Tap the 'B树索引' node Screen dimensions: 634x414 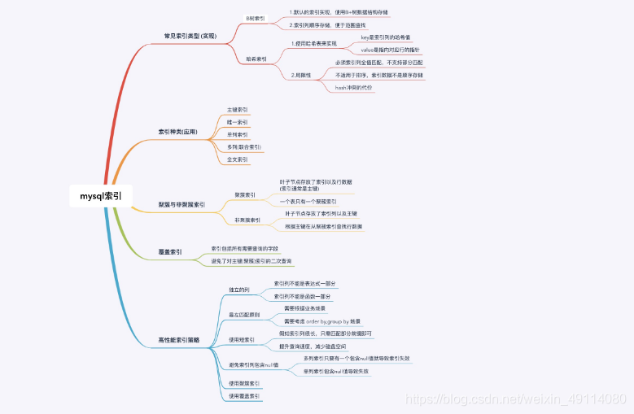pyautogui.click(x=256, y=18)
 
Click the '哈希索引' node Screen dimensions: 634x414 pyautogui.click(x=256, y=59)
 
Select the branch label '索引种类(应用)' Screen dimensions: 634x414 pyautogui.click(x=177, y=131)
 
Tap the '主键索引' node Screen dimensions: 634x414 pyautogui.click(x=238, y=109)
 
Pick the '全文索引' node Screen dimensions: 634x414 pyautogui.click(x=238, y=159)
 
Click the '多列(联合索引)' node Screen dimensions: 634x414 pyautogui.click(x=244, y=147)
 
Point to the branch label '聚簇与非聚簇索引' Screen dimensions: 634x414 pyautogui.click(x=181, y=204)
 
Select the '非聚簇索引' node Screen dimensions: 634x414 pyautogui.click(x=247, y=220)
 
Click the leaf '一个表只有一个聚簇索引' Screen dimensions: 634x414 pyautogui.click(x=308, y=201)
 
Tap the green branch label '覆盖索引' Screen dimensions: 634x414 pyautogui.click(x=170, y=252)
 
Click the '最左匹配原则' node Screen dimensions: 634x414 pyautogui.click(x=243, y=314)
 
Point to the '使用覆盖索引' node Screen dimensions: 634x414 pyautogui.click(x=244, y=396)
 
